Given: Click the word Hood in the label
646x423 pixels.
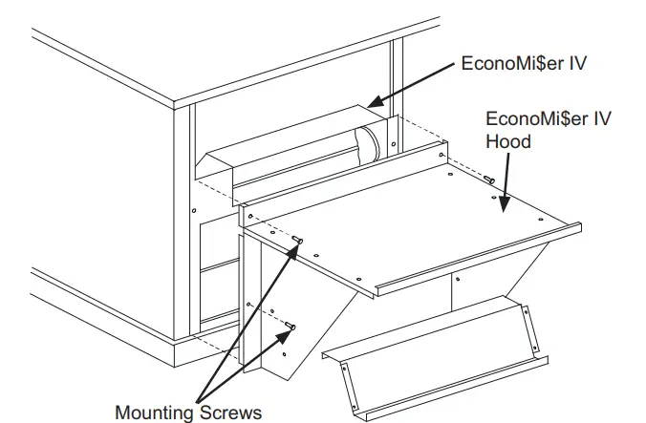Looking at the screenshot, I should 507,140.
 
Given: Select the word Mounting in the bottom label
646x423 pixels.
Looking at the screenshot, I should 156,412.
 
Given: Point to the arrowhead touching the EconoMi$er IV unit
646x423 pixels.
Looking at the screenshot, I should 374,101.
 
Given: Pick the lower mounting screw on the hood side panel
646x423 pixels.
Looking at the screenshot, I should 291,328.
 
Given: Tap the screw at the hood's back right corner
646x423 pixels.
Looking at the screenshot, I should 488,179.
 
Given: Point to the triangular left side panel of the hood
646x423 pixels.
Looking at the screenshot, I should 306,315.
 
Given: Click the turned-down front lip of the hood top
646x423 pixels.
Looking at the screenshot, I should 478,262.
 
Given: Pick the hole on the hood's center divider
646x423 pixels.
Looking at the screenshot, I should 457,280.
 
